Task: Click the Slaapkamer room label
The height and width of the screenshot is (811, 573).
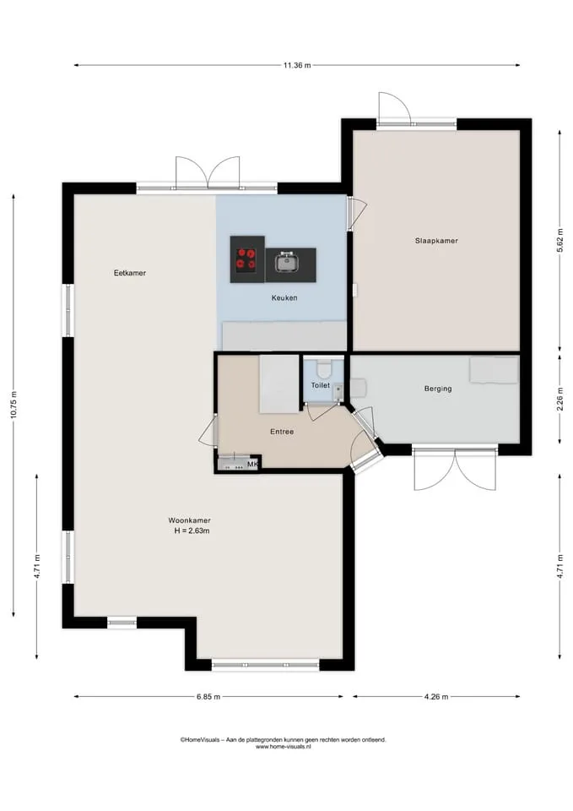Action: click(x=436, y=241)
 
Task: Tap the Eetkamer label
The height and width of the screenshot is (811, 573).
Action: click(x=130, y=273)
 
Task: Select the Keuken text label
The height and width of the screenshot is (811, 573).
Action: click(x=284, y=298)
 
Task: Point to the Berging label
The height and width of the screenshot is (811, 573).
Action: click(x=438, y=389)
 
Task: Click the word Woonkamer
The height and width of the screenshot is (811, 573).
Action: click(x=189, y=520)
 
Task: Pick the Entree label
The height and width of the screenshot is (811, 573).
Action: click(x=282, y=432)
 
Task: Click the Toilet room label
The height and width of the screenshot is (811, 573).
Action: click(x=321, y=385)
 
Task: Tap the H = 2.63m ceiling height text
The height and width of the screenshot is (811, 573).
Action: click(x=192, y=531)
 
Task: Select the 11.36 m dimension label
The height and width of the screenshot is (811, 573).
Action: click(x=296, y=65)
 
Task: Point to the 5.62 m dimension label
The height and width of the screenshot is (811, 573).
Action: click(x=559, y=240)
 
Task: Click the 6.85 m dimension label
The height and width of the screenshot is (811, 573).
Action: click(x=208, y=697)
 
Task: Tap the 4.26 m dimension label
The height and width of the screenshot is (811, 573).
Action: click(x=436, y=697)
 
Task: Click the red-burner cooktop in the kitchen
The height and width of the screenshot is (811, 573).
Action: click(x=247, y=259)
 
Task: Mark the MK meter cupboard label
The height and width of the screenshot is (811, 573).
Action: click(x=252, y=464)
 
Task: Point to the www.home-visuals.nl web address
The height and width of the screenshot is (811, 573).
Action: click(x=284, y=746)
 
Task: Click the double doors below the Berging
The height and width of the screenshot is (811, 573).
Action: click(x=455, y=469)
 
